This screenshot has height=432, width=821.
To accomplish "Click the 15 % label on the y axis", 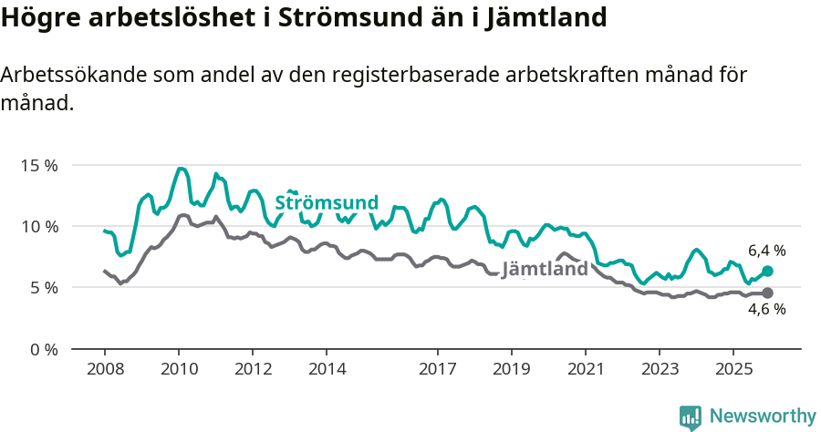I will (38, 165).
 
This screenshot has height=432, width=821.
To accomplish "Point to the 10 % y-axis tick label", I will (38, 226).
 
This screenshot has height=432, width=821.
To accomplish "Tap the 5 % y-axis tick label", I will (42, 287).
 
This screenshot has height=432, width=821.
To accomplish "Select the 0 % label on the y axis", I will (42, 349).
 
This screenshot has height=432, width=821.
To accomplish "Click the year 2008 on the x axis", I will (104, 370).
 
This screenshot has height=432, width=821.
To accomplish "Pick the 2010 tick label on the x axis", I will (178, 370).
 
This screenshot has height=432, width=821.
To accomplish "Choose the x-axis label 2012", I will (253, 370).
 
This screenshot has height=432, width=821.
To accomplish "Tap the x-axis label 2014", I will (327, 370).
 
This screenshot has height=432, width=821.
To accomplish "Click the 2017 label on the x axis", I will (438, 370).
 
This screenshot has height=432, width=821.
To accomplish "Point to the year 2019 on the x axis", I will (512, 370).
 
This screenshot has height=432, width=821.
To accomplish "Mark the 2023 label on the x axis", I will (660, 370).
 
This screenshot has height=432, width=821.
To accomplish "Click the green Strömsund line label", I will (326, 202).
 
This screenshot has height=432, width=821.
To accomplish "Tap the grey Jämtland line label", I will (545, 270).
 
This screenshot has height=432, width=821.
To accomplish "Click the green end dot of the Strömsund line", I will (767, 271).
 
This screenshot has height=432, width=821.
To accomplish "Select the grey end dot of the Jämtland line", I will (767, 293).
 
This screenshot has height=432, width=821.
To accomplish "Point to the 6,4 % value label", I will (766, 250).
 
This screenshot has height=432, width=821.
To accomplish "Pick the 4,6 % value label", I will (766, 310).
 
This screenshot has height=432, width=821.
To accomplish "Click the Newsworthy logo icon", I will (691, 417).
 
